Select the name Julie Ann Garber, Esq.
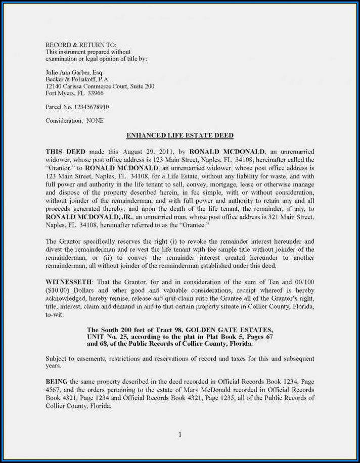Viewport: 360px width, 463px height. tap(74, 72)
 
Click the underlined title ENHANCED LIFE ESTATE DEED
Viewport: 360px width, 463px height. tap(179, 135)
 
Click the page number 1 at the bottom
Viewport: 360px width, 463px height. tap(179, 434)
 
